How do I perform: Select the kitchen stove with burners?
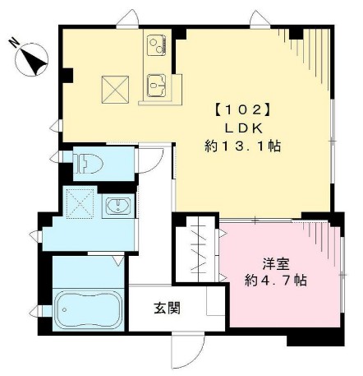point(157,46)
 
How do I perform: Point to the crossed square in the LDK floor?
point(115,88)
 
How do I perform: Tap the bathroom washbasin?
point(117,207)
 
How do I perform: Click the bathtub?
point(86,310)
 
